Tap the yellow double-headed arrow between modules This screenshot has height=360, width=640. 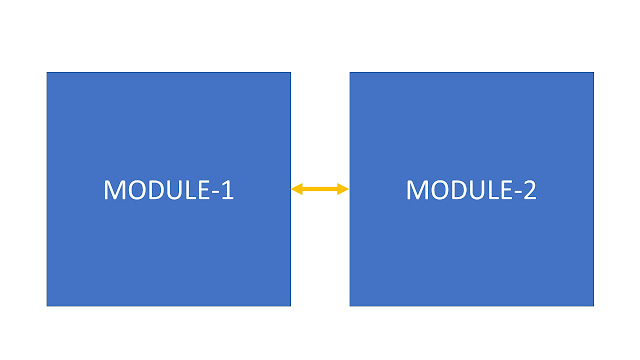coord(320,189)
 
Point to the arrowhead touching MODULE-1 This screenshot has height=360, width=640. coord(296,189)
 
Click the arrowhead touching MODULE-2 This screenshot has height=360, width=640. coord(344,189)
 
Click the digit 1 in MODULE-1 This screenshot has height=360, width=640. coord(227,189)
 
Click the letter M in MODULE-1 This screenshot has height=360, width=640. coord(114,189)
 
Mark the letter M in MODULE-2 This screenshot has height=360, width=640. coord(416,189)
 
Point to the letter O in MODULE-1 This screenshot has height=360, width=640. coord(135,189)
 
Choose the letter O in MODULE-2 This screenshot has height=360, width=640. coord(437,189)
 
